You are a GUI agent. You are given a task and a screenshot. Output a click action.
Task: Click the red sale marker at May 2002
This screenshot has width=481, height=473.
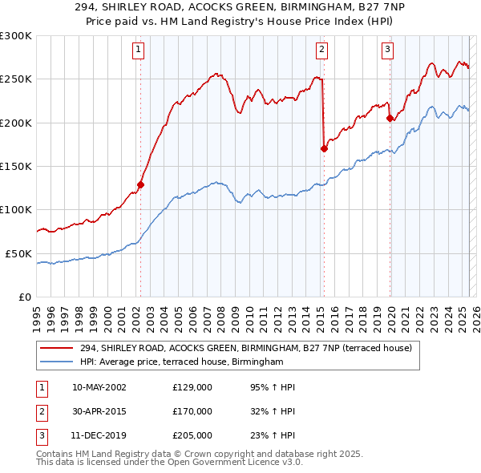[140, 184]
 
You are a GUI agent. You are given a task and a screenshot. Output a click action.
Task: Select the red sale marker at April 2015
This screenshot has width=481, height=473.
[324, 148]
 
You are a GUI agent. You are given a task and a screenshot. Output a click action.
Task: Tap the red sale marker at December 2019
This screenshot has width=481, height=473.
[390, 118]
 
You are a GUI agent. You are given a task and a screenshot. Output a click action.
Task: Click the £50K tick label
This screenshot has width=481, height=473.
[18, 253]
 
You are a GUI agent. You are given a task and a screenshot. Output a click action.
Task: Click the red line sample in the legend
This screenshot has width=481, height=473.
[57, 348]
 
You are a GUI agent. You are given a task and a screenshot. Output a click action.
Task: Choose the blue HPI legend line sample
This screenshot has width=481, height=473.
[57, 362]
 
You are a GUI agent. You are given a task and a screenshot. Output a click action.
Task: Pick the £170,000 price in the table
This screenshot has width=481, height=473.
[192, 411]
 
